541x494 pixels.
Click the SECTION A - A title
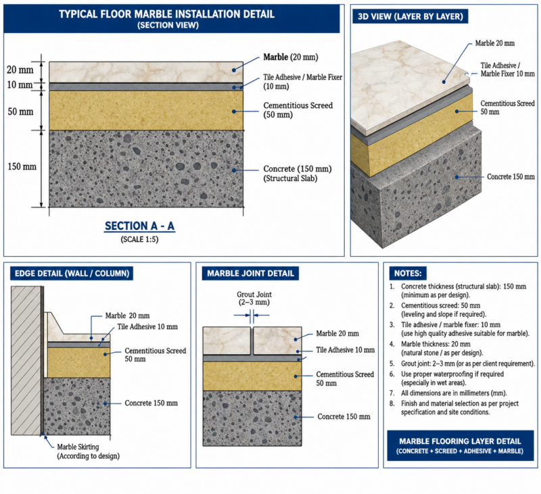pos(140,226)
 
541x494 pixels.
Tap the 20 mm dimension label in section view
pos(20,70)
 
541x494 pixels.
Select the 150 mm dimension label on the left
pos(22,166)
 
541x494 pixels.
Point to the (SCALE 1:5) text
pos(140,239)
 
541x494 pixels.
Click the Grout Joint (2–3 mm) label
pos(254,298)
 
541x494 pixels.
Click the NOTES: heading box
pos(408,274)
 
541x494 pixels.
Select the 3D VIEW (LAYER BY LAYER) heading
pos(410,16)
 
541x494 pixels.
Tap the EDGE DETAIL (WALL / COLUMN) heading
pos(72,274)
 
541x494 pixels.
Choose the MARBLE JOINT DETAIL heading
pos(250,274)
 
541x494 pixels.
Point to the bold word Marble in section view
pos(276,57)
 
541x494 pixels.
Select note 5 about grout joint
pos(462,364)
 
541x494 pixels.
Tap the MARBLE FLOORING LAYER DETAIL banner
pos(461,446)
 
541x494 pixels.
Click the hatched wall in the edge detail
pos(26,361)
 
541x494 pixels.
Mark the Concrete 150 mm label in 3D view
pos(511,177)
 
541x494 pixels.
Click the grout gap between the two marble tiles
pos(252,341)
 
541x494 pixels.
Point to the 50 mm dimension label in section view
pos(20,112)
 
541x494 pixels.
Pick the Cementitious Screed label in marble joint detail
pos(345,378)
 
